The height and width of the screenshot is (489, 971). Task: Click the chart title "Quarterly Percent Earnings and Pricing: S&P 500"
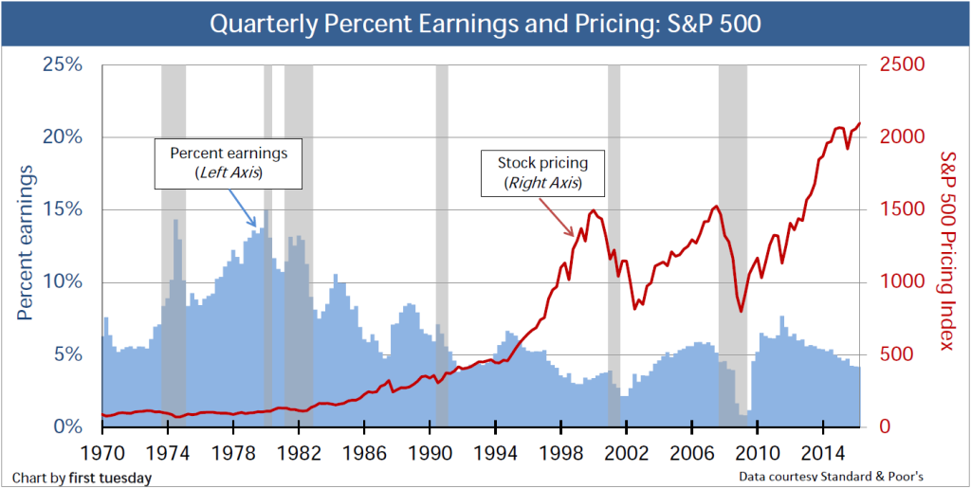coord(485,23)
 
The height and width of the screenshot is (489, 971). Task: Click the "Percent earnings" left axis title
coord(26,242)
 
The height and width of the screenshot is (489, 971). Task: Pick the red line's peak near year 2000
coord(593,210)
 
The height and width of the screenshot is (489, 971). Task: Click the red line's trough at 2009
coord(742,310)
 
